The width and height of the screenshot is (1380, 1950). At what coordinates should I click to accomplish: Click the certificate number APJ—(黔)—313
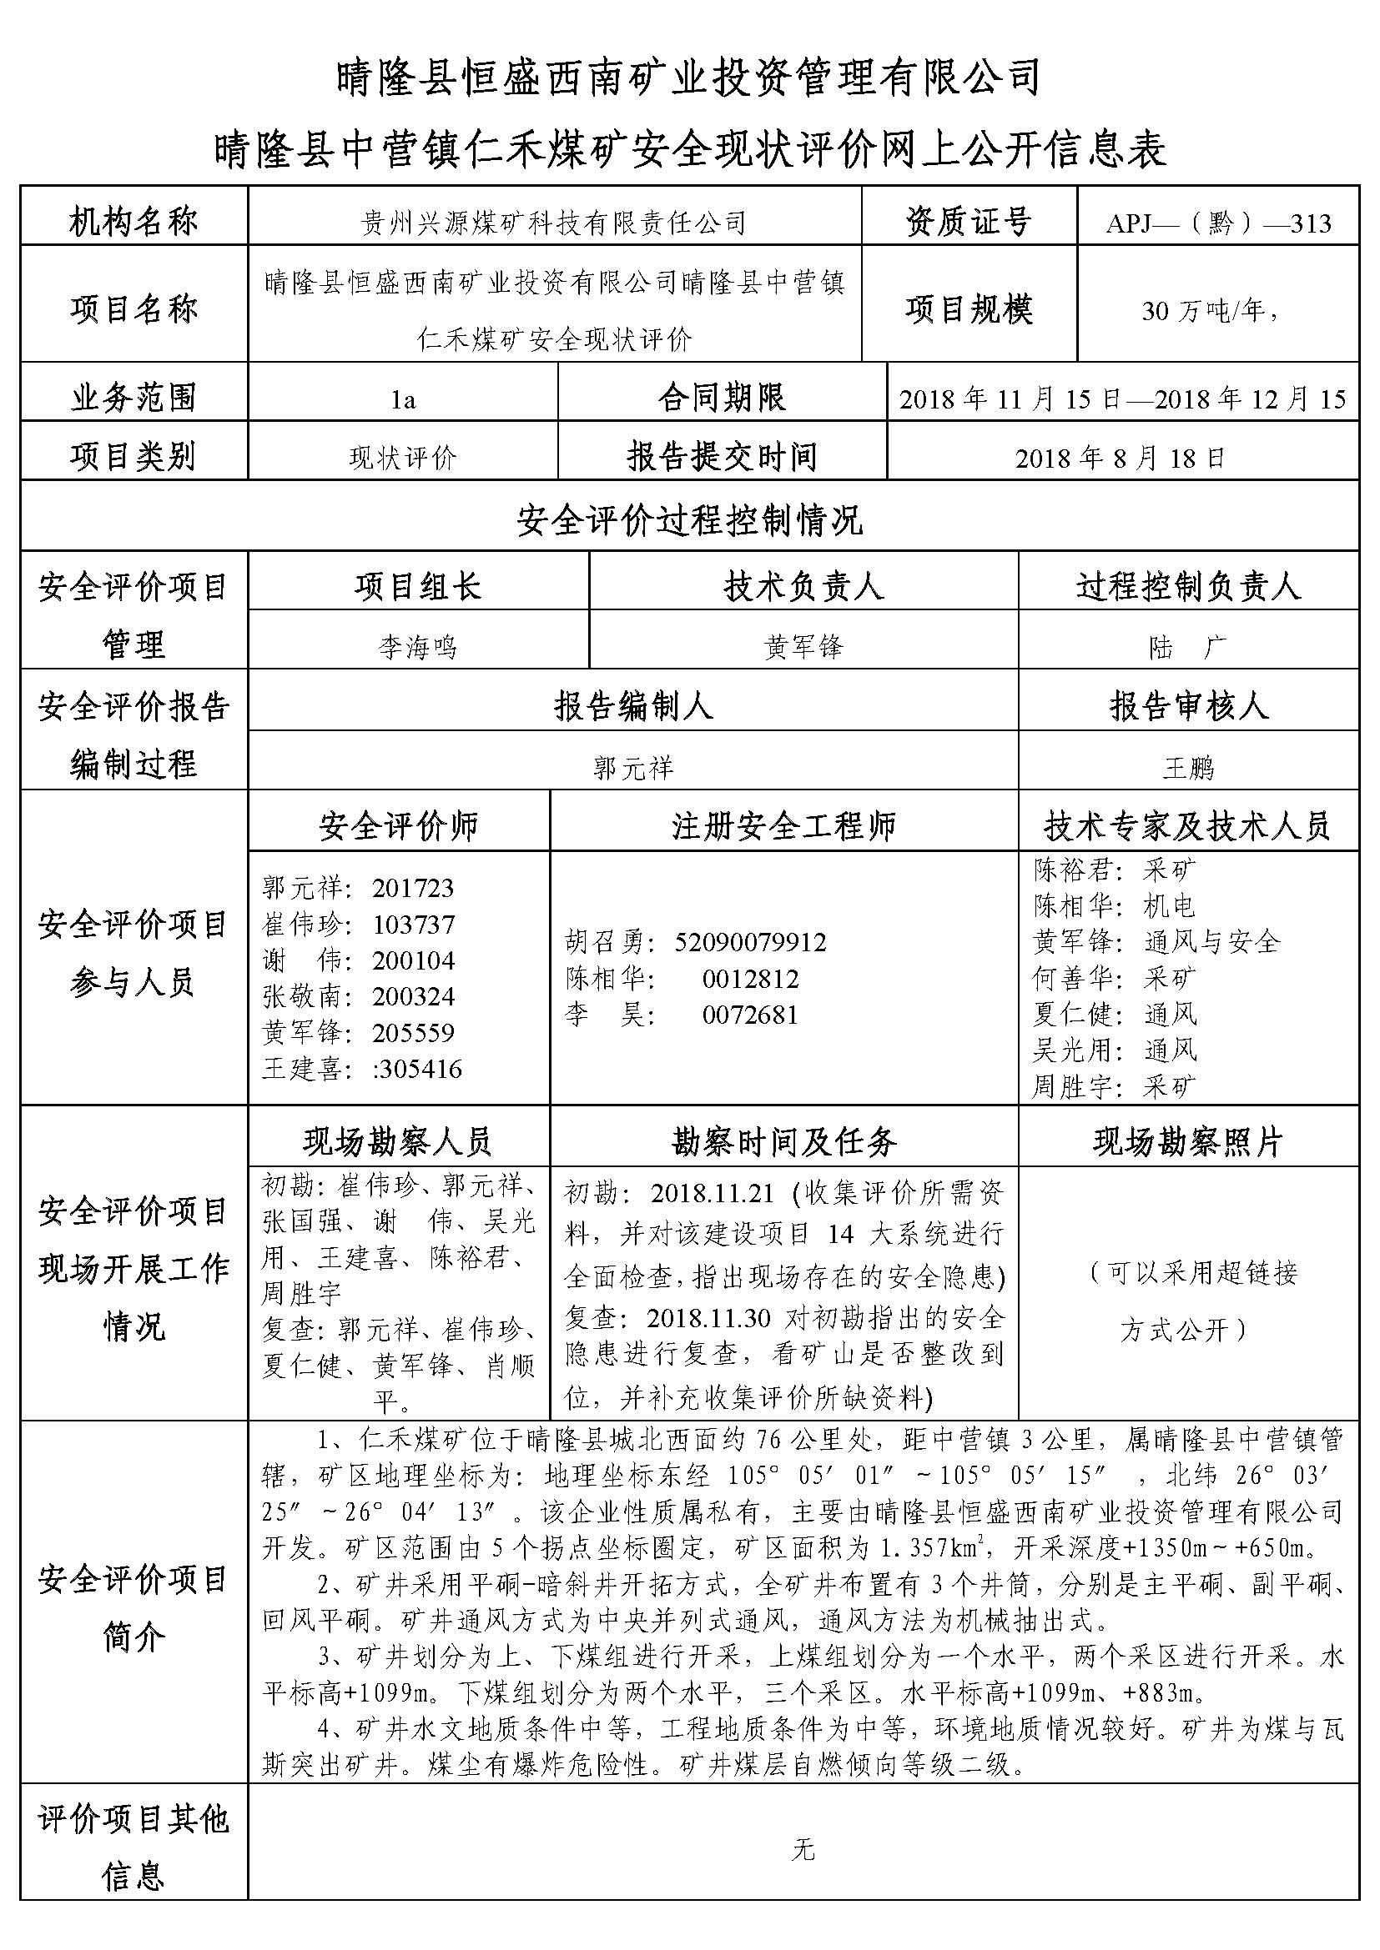(1217, 223)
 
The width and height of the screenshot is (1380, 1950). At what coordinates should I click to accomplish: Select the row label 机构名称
(133, 223)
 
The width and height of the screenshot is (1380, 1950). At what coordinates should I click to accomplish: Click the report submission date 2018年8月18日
(1121, 459)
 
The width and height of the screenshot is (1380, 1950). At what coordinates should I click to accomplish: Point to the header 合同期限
(722, 398)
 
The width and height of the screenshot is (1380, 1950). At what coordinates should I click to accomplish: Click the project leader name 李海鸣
(417, 647)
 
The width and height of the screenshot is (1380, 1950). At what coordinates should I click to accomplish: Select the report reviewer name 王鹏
(1188, 768)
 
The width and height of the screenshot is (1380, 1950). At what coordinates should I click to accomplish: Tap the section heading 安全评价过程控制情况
(689, 519)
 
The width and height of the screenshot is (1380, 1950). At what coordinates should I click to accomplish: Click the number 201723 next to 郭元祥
(413, 889)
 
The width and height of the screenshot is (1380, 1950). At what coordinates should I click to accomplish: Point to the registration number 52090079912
(750, 942)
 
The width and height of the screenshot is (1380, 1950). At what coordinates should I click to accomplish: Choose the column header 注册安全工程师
(783, 825)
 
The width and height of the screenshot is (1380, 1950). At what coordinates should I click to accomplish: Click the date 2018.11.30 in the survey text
(708, 1317)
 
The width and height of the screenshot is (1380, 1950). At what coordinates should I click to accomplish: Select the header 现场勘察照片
(1187, 1142)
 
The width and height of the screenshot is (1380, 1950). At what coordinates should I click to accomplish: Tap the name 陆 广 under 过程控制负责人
(1188, 648)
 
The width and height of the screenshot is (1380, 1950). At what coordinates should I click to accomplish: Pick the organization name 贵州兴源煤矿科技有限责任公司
(554, 223)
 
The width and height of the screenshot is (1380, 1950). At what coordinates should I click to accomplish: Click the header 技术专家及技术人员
(1187, 825)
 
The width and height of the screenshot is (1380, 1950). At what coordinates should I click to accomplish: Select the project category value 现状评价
(403, 459)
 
